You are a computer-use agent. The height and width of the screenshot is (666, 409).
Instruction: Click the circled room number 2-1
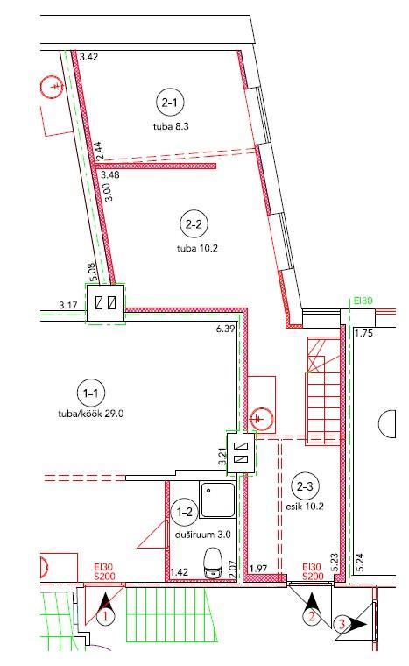point(169,103)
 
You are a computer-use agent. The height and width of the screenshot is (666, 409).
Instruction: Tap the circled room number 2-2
point(194,223)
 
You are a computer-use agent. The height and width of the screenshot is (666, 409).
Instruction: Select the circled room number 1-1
point(90,393)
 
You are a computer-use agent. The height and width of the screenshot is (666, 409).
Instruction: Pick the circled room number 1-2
point(184,512)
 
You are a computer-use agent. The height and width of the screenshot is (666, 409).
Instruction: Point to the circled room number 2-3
point(305,486)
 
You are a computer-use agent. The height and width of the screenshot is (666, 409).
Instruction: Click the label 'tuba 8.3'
point(171,126)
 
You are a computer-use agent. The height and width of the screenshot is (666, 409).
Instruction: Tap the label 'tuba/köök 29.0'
point(91,414)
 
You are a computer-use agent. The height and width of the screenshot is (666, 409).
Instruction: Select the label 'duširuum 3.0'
point(203,535)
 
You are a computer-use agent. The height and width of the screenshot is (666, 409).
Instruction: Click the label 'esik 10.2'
point(305,507)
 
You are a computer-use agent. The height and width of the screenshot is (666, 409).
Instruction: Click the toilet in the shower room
point(212,563)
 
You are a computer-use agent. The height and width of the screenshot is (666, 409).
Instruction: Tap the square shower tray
point(218,499)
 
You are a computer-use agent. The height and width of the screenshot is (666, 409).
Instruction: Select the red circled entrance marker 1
point(105,616)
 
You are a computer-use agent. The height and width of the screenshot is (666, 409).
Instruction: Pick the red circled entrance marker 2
point(312,615)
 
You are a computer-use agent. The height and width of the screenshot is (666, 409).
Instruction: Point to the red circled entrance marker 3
point(342,624)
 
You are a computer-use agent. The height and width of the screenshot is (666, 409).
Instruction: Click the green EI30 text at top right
point(363,301)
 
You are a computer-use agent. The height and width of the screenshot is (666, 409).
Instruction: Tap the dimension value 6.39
point(225,329)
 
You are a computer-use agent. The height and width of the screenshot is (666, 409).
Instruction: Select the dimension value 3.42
point(88,57)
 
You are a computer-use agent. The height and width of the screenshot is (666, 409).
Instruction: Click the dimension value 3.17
point(68,305)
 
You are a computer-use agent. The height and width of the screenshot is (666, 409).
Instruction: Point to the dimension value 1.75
point(363,333)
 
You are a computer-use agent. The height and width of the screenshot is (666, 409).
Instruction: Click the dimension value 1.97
point(258,569)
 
